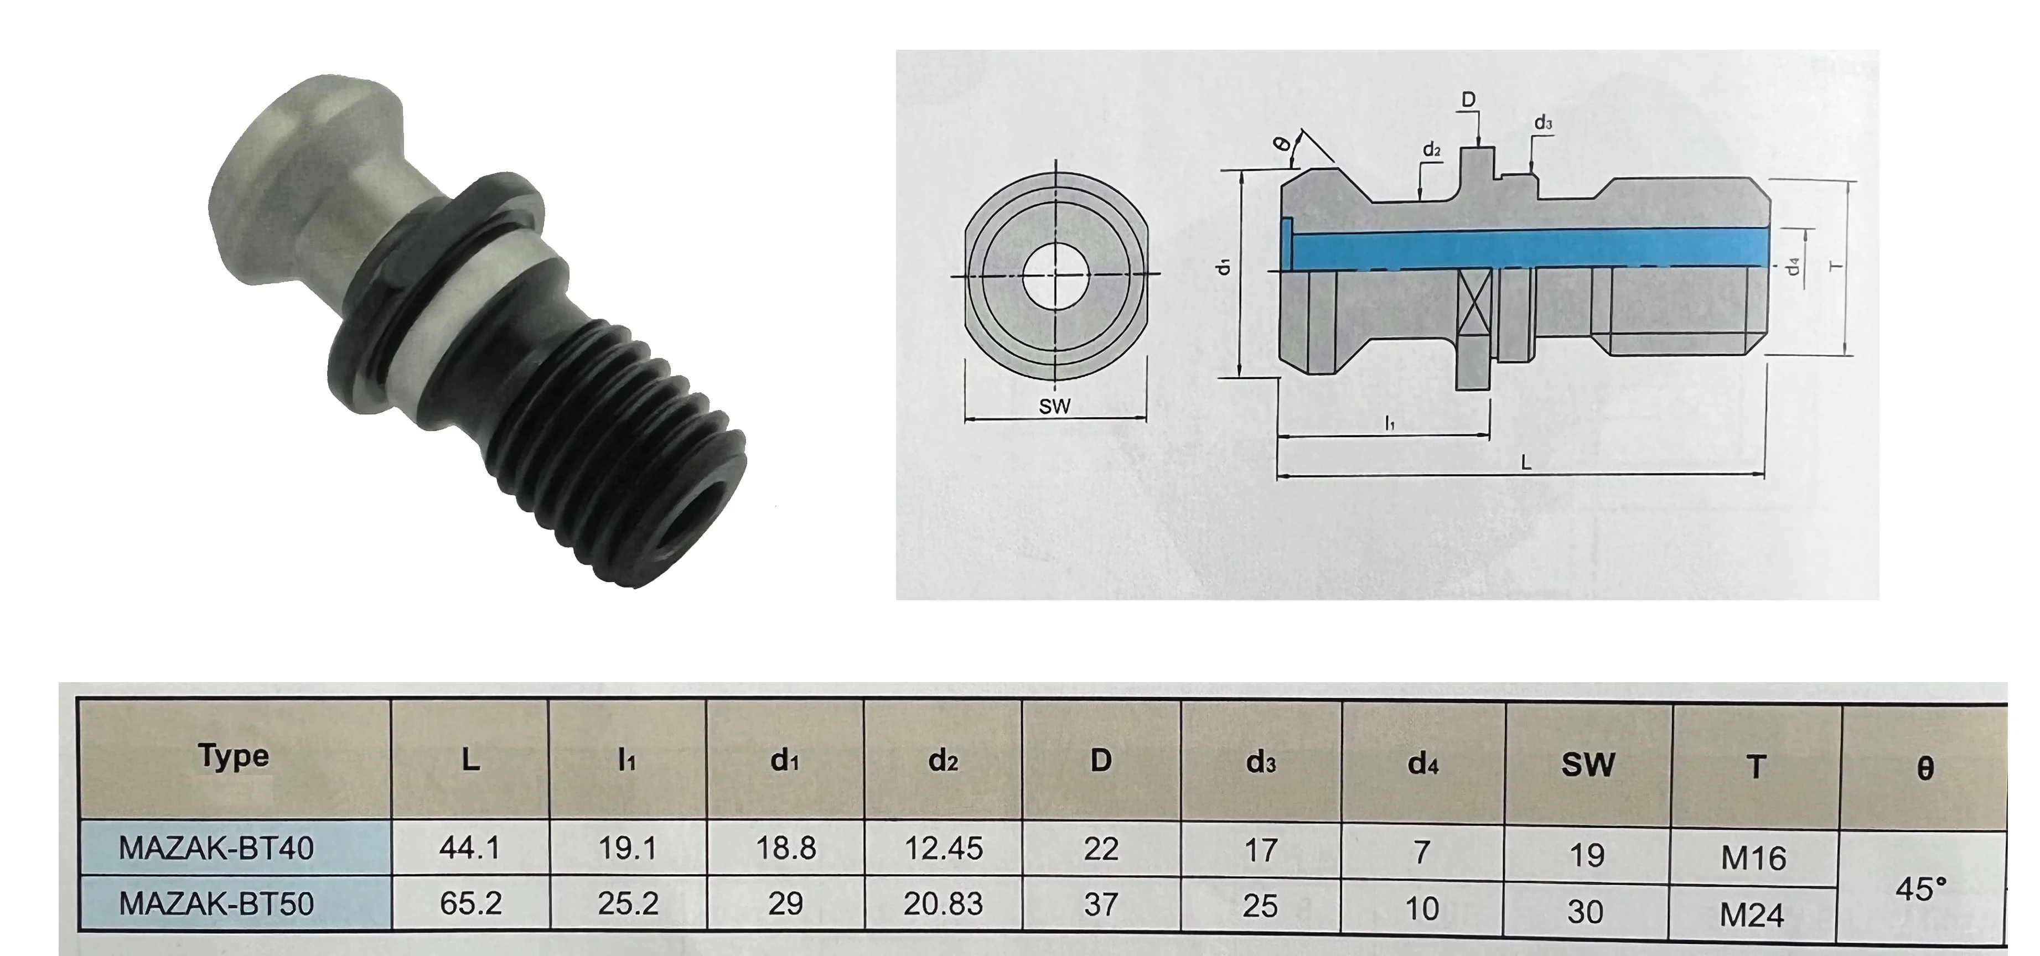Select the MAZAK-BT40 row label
point(216,848)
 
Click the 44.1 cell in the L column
point(470,848)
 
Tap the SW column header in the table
point(1588,765)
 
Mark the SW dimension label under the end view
point(1054,407)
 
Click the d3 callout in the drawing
point(1542,123)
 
